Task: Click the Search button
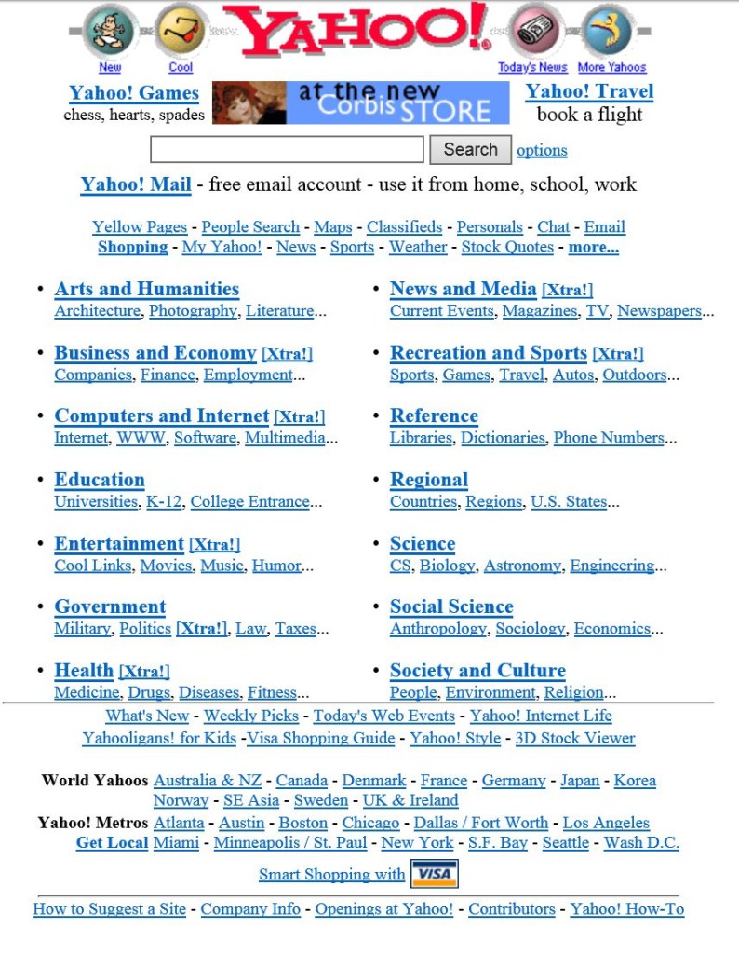point(470,149)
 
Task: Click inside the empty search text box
point(287,150)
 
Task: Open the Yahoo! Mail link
point(136,184)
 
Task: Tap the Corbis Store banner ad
point(361,103)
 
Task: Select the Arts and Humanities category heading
point(146,289)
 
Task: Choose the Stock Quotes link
point(507,247)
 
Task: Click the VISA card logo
point(434,874)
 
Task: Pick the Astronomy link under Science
point(522,566)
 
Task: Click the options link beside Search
point(542,150)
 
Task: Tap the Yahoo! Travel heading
point(589,91)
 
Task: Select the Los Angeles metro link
point(606,823)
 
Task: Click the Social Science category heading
point(451,606)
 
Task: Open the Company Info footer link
point(250,908)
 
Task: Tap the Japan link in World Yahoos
point(579,780)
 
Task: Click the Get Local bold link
point(112,842)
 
